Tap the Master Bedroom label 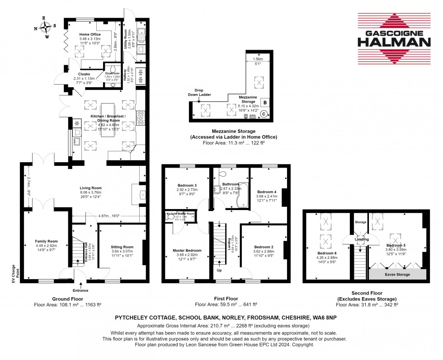187,250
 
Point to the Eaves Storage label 398,274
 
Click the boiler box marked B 264,102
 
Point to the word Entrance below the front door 80,290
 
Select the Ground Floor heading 67,299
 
